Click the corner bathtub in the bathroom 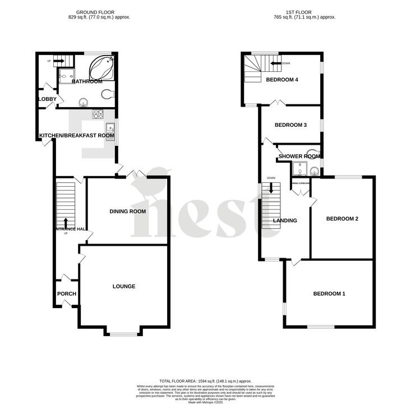pyautogui.click(x=103, y=68)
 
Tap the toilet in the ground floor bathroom pyautogui.click(x=108, y=95)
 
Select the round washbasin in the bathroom pyautogui.click(x=84, y=102)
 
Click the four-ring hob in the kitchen pyautogui.click(x=97, y=114)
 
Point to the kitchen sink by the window pyautogui.click(x=110, y=130)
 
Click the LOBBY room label pyautogui.click(x=47, y=99)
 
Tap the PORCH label pyautogui.click(x=67, y=293)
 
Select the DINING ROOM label pyautogui.click(x=128, y=212)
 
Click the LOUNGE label pyautogui.click(x=124, y=286)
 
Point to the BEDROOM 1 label pyautogui.click(x=329, y=293)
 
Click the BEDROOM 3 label pyautogui.click(x=290, y=125)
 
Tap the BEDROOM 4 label pyautogui.click(x=281, y=80)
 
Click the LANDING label pyautogui.click(x=285, y=221)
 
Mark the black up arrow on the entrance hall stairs pyautogui.click(x=66, y=222)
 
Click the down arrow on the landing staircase pyautogui.click(x=271, y=190)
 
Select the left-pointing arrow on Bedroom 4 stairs pyautogui.click(x=275, y=64)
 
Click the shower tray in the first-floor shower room pyautogui.click(x=300, y=169)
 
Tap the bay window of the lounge pyautogui.click(x=123, y=334)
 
